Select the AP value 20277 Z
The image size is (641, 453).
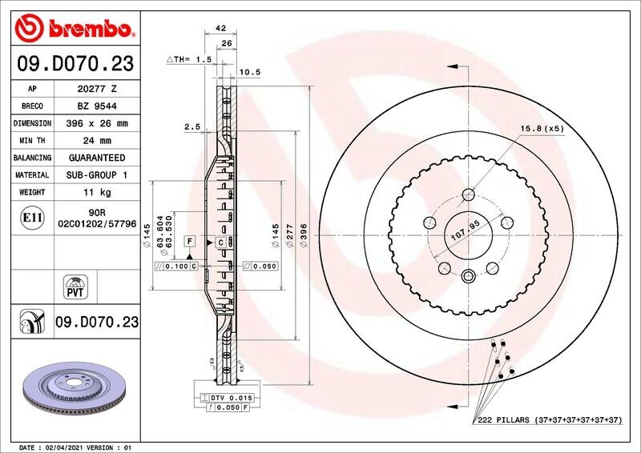click(96, 89)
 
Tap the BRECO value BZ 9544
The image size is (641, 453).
click(96, 106)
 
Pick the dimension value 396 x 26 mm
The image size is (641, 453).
click(96, 124)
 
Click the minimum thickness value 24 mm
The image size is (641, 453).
click(96, 141)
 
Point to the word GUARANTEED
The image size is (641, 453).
click(96, 158)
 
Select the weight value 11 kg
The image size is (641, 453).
click(96, 192)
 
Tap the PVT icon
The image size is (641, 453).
click(74, 287)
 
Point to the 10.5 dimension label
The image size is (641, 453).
click(252, 72)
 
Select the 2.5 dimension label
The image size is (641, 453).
click(191, 126)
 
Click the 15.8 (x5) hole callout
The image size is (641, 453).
click(542, 128)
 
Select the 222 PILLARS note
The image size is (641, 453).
click(550, 420)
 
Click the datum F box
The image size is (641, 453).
click(190, 240)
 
